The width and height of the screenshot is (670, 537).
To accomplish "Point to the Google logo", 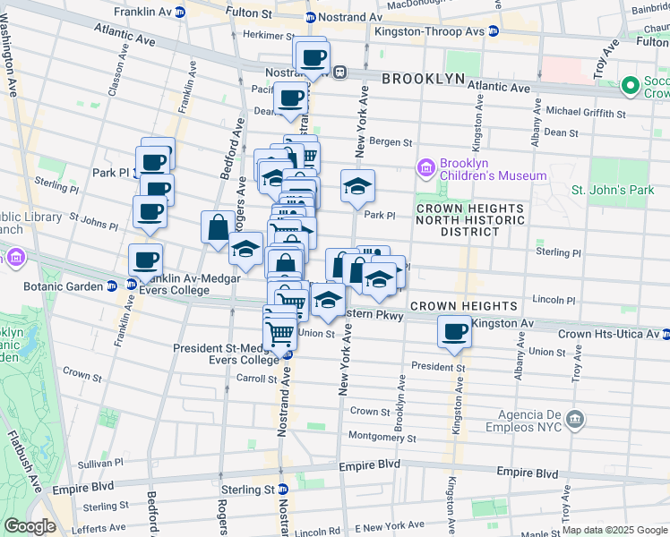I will pyautogui.click(x=30, y=527).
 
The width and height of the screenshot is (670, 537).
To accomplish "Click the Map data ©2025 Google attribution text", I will pyautogui.click(x=614, y=530).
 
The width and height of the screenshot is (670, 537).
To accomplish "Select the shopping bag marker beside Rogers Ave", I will pyautogui.click(x=218, y=227).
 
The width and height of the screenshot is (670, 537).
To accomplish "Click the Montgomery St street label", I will pyautogui.click(x=382, y=437).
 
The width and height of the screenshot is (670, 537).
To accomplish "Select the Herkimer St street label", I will pyautogui.click(x=258, y=35).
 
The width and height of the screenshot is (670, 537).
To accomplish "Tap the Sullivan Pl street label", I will pyautogui.click(x=99, y=464).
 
